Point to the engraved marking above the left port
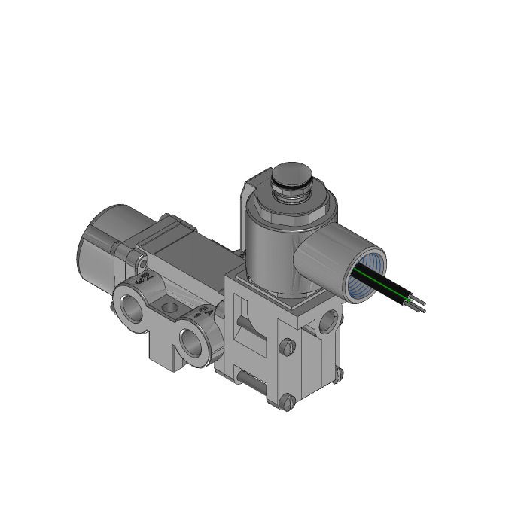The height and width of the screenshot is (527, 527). coord(143,279)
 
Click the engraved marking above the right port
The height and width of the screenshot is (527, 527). coord(201,309)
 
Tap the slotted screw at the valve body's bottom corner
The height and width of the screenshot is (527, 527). coord(285,404)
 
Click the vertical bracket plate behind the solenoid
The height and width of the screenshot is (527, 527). coord(245,218)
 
